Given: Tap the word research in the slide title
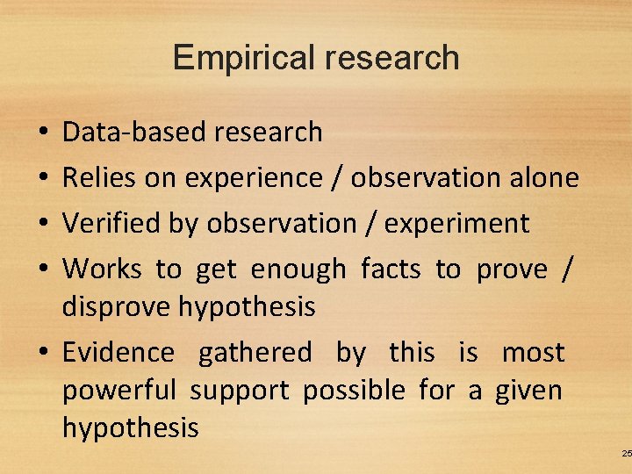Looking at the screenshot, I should coord(391,58).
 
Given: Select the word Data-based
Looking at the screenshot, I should coord(123,133).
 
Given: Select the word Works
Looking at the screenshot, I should coord(102,269).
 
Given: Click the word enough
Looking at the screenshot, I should coord(298,269).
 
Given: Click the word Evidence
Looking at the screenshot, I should coord(118,353).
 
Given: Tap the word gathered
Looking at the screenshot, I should coord(255,354).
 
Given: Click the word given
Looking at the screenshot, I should coord(528,391).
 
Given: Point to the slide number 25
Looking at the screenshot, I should coord(625,453).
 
